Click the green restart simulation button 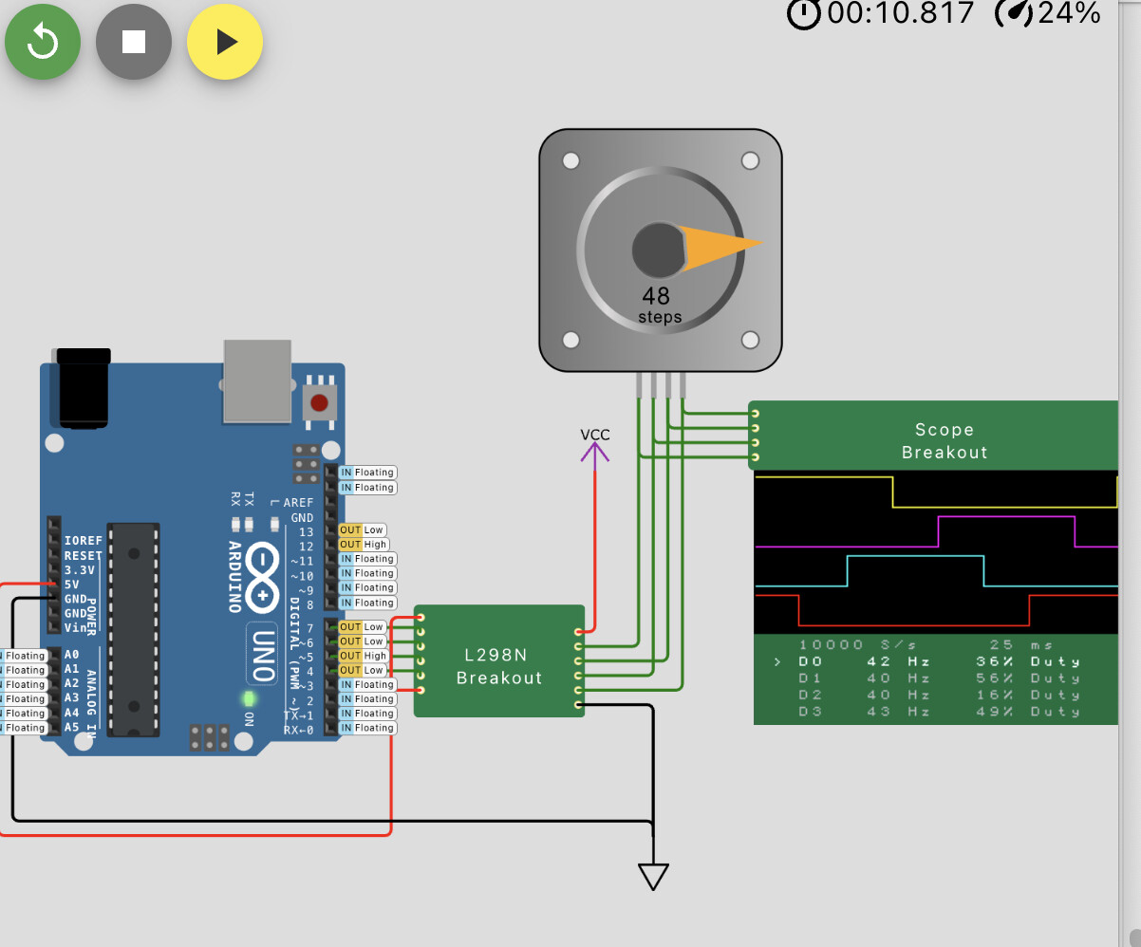point(42,42)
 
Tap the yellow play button point(225,42)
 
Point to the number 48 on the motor point(656,296)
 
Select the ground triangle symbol point(653,876)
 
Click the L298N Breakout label point(498,666)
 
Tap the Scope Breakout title point(945,441)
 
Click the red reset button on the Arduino point(320,401)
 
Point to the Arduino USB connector point(256,381)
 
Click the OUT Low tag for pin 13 point(363,530)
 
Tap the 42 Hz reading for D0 point(897,661)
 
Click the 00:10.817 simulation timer point(900,13)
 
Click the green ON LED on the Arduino point(250,699)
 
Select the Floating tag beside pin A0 point(26,656)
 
